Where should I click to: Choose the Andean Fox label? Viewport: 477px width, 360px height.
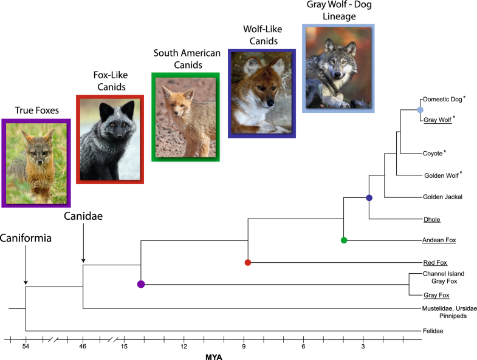point(439,241)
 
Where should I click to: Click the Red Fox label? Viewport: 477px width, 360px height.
point(435,263)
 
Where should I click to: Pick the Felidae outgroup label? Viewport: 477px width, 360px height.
point(433,331)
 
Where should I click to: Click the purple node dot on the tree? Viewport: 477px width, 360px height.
point(141,284)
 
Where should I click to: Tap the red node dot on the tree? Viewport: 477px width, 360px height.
point(248,263)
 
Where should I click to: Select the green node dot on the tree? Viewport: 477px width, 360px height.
point(344,241)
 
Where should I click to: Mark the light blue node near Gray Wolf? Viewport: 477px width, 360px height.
point(420,110)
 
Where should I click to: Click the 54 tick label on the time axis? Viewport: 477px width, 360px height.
point(26,346)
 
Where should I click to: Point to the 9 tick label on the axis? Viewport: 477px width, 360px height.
point(244,346)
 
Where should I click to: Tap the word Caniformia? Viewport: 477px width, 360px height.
point(26,238)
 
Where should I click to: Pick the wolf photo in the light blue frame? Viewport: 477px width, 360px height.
point(338,68)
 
